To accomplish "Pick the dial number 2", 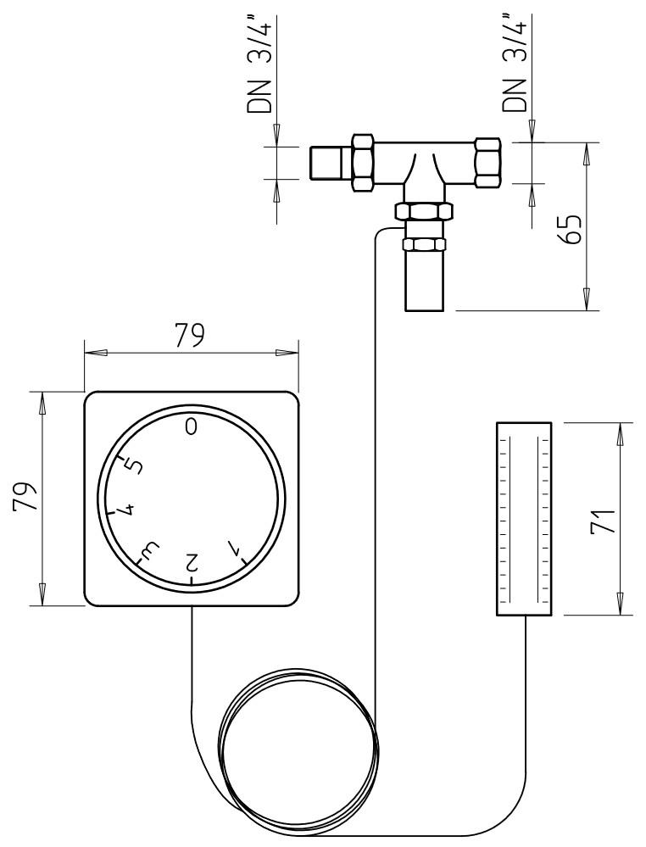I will pyautogui.click(x=192, y=561).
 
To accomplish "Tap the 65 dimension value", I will pyautogui.click(x=572, y=228).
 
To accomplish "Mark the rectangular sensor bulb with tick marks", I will pyautogui.click(x=523, y=519).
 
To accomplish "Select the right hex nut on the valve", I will pyautogui.click(x=488, y=161).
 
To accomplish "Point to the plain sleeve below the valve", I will pyautogui.click(x=424, y=280).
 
